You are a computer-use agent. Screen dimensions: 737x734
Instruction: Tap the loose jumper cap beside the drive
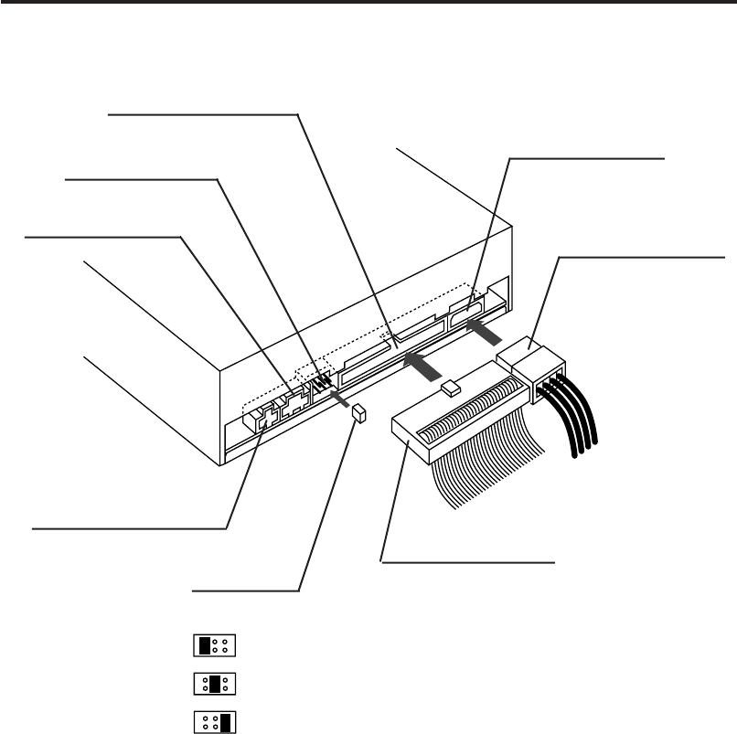point(359,414)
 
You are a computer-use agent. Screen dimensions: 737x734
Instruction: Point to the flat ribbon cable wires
point(485,475)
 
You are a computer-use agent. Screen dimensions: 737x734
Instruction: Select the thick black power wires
point(571,420)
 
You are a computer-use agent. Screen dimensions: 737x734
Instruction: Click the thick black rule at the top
point(368,4)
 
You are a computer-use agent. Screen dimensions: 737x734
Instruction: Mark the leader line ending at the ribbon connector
point(466,561)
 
